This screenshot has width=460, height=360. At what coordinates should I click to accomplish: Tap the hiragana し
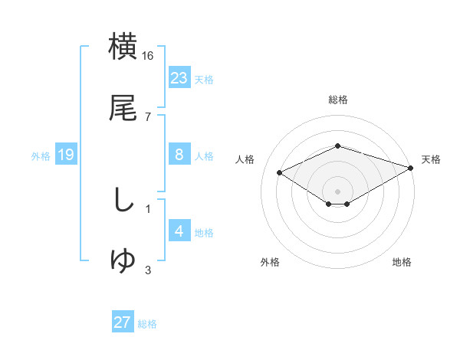click(123, 201)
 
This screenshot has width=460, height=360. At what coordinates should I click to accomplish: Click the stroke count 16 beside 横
click(148, 56)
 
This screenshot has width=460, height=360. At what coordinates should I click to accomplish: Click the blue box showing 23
click(179, 78)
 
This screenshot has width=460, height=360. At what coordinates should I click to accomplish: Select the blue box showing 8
click(179, 155)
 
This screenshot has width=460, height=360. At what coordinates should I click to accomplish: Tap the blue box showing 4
click(179, 231)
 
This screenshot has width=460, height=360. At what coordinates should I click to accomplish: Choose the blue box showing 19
click(66, 155)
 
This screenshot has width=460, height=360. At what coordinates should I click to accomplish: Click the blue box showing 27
click(123, 322)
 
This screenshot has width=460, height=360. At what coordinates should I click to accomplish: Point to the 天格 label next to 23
click(204, 80)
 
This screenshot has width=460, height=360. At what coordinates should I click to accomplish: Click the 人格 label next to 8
click(204, 156)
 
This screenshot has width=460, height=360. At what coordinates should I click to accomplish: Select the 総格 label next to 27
click(147, 324)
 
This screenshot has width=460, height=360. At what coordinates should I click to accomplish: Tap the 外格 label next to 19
click(41, 156)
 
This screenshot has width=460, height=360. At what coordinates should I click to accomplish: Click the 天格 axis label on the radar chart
click(431, 159)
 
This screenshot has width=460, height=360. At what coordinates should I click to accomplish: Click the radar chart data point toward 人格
click(280, 172)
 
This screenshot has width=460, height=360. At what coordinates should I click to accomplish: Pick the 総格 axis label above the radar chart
click(338, 100)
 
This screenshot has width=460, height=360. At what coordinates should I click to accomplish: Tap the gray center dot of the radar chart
click(338, 190)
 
